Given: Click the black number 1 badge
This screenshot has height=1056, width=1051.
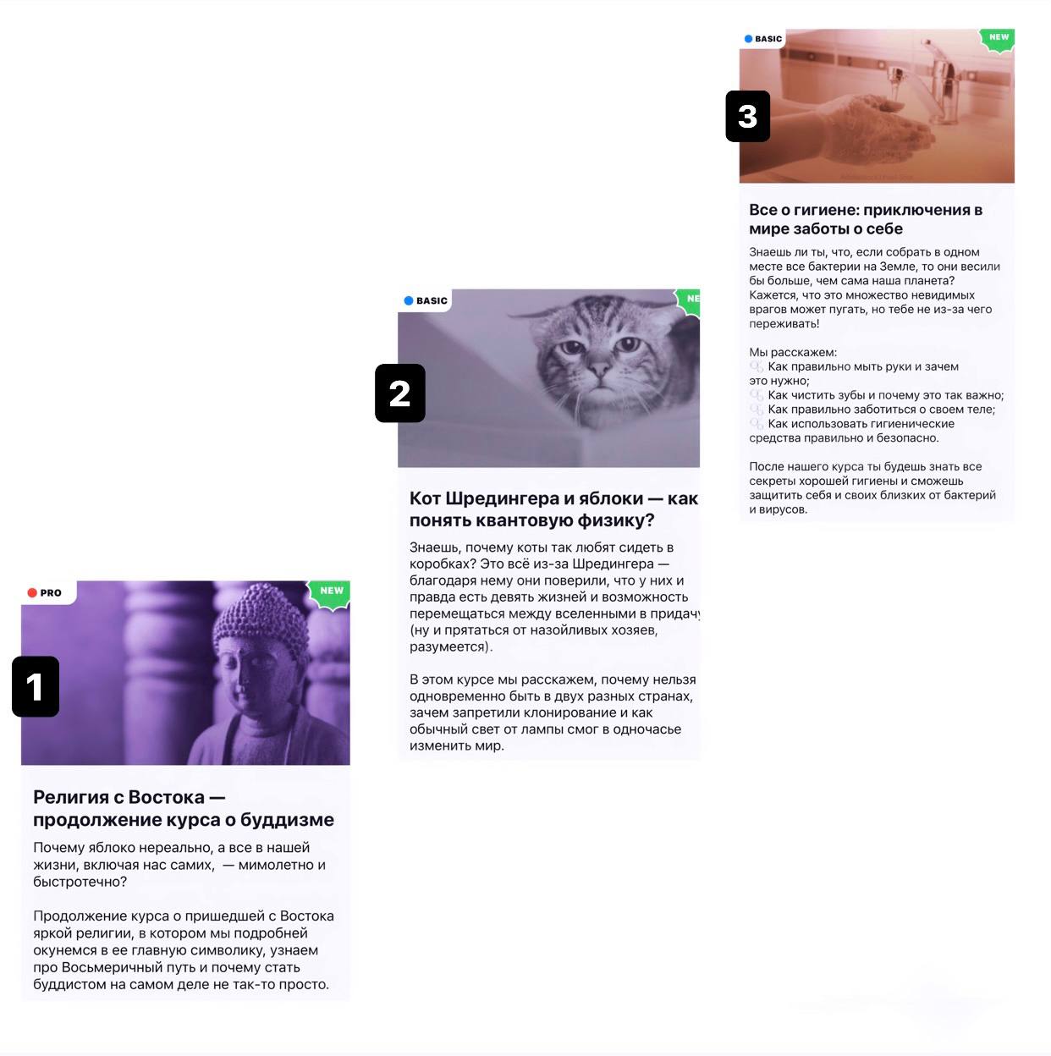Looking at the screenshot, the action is tap(36, 686).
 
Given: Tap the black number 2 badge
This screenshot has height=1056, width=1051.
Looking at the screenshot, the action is tap(399, 393).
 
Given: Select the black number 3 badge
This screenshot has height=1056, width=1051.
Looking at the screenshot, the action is tap(748, 116).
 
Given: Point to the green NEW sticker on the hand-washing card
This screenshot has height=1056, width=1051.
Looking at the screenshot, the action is tap(998, 40).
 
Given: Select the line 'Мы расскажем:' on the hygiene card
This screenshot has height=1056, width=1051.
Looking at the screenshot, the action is tap(793, 352).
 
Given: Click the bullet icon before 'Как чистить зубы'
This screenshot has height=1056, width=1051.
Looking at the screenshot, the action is tap(757, 395).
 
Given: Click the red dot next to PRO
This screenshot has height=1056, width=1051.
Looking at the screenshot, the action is tap(32, 593).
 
